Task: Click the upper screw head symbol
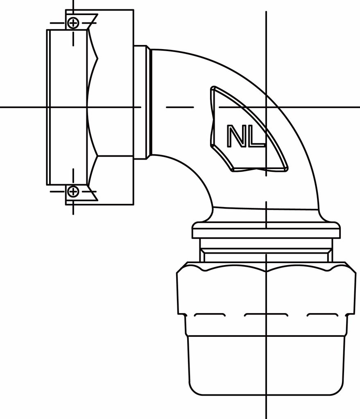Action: click(73, 23)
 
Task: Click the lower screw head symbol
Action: click(73, 191)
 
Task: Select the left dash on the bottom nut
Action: click(209, 315)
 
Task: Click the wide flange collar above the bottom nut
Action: click(266, 232)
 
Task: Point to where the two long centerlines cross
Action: click(266, 107)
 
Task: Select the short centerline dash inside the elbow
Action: click(180, 107)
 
